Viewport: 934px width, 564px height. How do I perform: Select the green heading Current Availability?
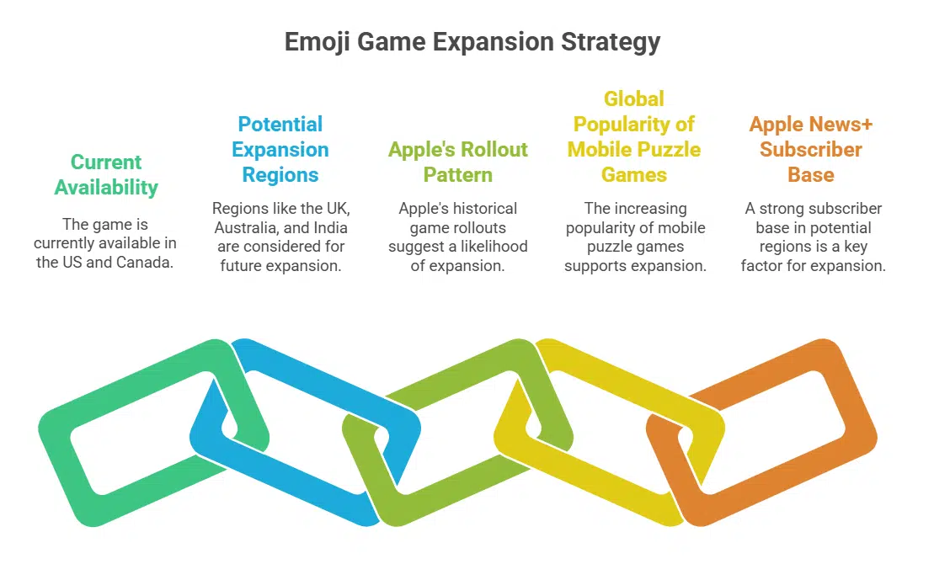point(106,174)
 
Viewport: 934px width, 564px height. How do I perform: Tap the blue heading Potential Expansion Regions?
point(280,150)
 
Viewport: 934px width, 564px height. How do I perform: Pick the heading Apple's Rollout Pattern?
point(457,162)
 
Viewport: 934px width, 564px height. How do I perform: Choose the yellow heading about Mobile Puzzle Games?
point(633,137)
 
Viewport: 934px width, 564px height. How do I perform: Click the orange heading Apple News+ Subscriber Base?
point(811,150)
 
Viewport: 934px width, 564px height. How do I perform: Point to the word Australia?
point(250,228)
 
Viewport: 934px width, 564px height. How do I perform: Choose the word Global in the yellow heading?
point(634,99)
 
